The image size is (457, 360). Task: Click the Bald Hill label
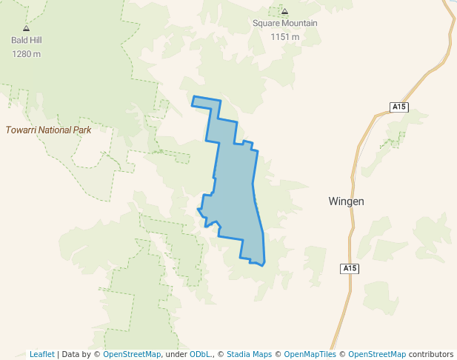(26, 41)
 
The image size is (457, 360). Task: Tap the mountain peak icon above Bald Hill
(26, 28)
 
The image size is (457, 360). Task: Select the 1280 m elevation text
(26, 53)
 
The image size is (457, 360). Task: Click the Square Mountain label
(284, 23)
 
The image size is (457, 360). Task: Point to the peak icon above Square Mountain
(284, 11)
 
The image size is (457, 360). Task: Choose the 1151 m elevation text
(284, 36)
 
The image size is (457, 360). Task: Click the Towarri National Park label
(48, 130)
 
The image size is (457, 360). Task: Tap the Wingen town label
(346, 201)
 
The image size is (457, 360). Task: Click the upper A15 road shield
(399, 107)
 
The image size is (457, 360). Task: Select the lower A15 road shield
(350, 267)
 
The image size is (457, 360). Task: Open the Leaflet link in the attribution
(41, 354)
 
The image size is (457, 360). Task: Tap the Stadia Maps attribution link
(249, 354)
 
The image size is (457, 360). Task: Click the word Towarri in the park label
(21, 130)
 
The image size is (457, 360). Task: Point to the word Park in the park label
(82, 130)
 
